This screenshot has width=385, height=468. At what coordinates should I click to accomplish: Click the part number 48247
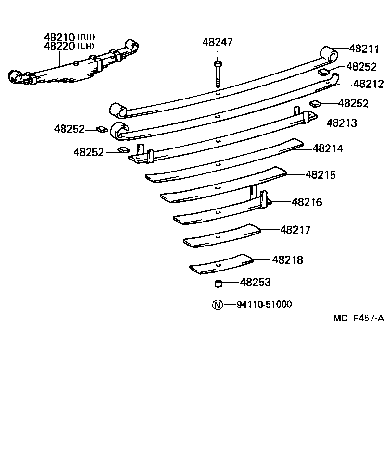pyautogui.click(x=217, y=42)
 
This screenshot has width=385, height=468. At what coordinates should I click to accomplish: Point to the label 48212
pyautogui.click(x=368, y=84)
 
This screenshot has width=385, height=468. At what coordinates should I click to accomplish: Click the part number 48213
pyautogui.click(x=341, y=123)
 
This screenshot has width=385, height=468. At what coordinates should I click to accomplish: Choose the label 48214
pyautogui.click(x=328, y=149)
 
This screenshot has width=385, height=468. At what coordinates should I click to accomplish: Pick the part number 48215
pyautogui.click(x=320, y=175)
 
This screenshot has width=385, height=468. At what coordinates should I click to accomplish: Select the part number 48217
pyautogui.click(x=295, y=230)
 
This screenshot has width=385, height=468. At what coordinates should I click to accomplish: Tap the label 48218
pyautogui.click(x=287, y=260)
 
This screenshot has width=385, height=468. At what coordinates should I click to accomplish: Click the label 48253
pyautogui.click(x=255, y=283)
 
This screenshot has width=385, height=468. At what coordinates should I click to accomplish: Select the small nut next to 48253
pyautogui.click(x=218, y=283)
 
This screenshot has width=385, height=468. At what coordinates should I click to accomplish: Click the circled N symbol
pyautogui.click(x=218, y=305)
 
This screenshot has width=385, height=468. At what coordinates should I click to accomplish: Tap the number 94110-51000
pyautogui.click(x=264, y=305)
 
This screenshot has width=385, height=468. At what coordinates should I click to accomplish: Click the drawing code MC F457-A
pyautogui.click(x=359, y=318)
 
